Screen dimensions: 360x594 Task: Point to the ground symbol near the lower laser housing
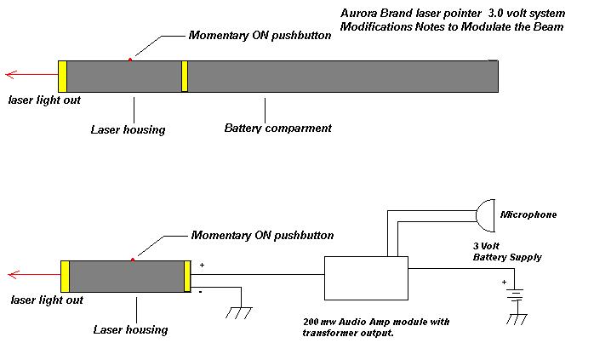pyautogui.click(x=239, y=312)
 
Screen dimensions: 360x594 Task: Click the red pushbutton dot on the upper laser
pyautogui.click(x=129, y=59)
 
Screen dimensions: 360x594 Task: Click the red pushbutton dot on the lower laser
pyautogui.click(x=132, y=259)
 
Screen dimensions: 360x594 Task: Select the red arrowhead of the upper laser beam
pyautogui.click(x=8, y=74)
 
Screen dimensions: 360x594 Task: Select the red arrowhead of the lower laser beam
pyautogui.click(x=10, y=275)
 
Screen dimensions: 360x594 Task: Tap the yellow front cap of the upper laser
pyautogui.click(x=62, y=76)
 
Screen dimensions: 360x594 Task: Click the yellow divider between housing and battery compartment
pyautogui.click(x=184, y=76)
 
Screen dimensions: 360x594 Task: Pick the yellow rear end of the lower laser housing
pyautogui.click(x=187, y=277)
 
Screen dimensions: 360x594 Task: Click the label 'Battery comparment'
pyautogui.click(x=277, y=129)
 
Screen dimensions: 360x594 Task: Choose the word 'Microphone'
pyautogui.click(x=528, y=214)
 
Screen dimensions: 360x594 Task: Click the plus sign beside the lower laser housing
pyautogui.click(x=202, y=266)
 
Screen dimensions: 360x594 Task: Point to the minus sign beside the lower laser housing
pyautogui.click(x=201, y=291)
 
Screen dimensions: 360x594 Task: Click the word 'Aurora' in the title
pyautogui.click(x=358, y=14)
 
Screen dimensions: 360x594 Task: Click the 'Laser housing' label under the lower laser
pyautogui.click(x=130, y=329)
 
